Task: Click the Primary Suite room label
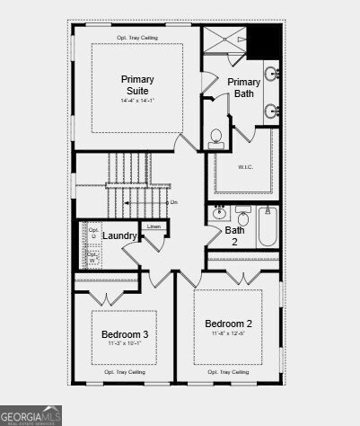[x=137, y=84]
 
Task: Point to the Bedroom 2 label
[x=228, y=324]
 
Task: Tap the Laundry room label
[x=119, y=235]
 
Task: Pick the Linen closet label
[x=154, y=226]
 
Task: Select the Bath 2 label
[x=235, y=235]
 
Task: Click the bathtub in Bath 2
[x=267, y=227]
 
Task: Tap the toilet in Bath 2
[x=242, y=216]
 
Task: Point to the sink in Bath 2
[x=219, y=214]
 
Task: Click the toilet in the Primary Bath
[x=216, y=138]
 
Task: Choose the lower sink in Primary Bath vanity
[x=270, y=111]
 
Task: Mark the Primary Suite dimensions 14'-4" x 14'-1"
[x=137, y=100]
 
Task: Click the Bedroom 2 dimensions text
[x=228, y=335]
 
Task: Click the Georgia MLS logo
[x=31, y=416]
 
